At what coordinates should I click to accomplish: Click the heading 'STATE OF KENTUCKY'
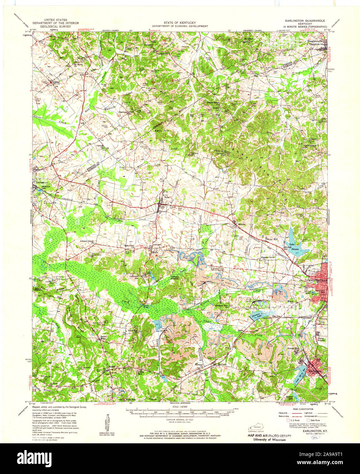click(x=179, y=23)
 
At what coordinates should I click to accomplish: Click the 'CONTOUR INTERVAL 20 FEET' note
click(x=179, y=420)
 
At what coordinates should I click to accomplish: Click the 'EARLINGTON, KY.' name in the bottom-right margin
click(x=310, y=431)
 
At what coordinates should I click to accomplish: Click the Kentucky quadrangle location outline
click(x=259, y=427)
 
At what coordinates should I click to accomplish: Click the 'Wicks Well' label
click(x=272, y=239)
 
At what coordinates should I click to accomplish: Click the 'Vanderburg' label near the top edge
click(x=162, y=54)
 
